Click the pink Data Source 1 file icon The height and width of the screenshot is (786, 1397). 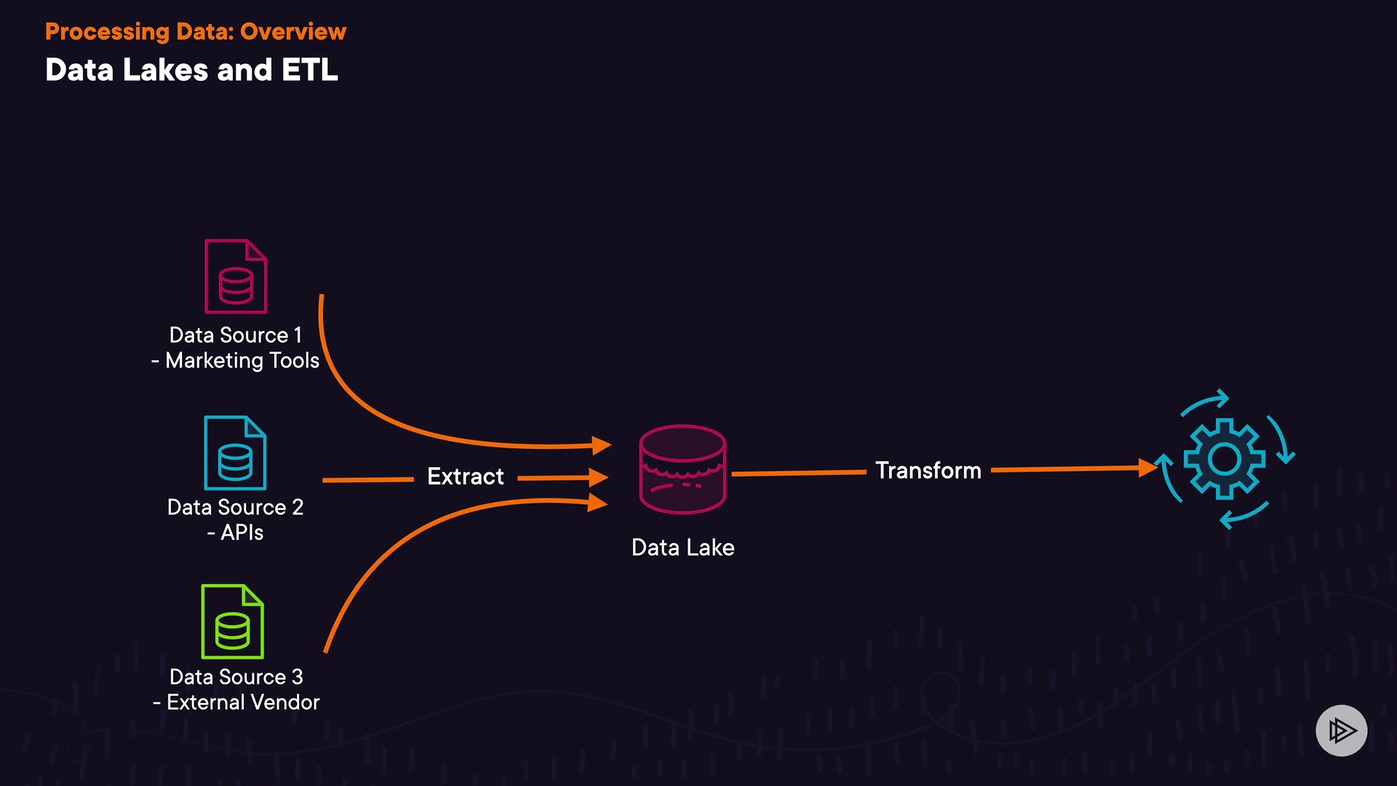point(236,277)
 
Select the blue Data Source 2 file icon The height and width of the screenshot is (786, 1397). point(235,453)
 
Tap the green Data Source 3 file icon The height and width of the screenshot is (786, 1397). point(232,622)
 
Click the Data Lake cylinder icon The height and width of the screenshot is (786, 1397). point(682,469)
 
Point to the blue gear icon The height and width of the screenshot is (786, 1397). point(1225,458)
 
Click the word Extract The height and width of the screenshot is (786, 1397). point(466,477)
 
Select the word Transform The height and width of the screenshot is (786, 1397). point(928,471)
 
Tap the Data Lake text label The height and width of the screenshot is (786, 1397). point(683,547)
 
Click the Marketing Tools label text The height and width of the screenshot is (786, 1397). point(242,361)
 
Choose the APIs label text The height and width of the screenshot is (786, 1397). point(242,533)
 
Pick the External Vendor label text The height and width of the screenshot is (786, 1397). point(243,702)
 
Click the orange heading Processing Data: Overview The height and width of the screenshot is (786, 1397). point(196,31)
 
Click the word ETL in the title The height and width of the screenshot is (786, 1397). point(310,70)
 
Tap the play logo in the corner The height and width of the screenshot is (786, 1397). point(1342,731)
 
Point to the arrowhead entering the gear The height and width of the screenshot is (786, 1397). point(1148,467)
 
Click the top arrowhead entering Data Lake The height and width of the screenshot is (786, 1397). point(602,445)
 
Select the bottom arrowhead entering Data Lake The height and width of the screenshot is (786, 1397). point(598,502)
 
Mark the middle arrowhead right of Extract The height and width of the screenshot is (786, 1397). point(599,477)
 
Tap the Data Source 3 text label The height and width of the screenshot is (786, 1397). point(236,677)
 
